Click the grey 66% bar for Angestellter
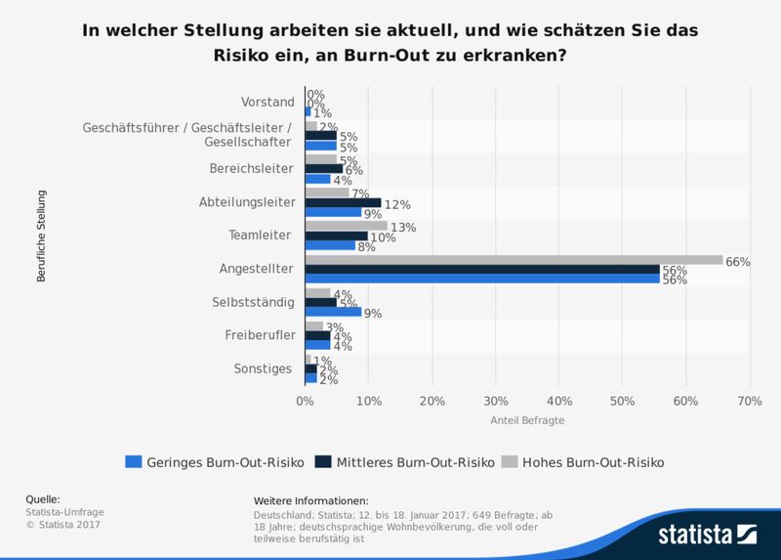pos(514,260)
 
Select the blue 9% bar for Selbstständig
pos(333,313)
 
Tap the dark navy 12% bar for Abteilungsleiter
pos(343,203)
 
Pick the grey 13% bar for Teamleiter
pos(346,226)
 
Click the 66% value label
pos(737,261)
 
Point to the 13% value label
pos(403,227)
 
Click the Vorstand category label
pos(267,102)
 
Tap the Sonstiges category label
pos(264,368)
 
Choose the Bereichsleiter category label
pos(251,168)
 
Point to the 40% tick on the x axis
pos(558,401)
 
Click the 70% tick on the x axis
pos(749,401)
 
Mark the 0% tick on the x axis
pos(305,401)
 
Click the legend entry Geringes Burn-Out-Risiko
pos(215,461)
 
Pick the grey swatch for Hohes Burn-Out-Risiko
pos(510,461)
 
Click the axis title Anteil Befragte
pos(527,420)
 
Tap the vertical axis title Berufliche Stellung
pos(42,236)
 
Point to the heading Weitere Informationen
pos(310,500)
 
